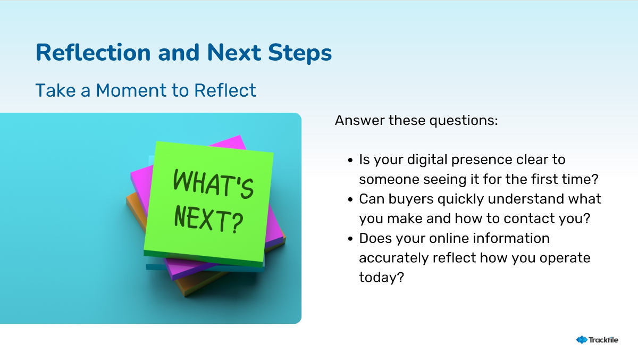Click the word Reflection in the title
(x=93, y=53)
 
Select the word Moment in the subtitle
(x=131, y=90)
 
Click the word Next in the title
(x=234, y=53)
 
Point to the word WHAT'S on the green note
(x=213, y=184)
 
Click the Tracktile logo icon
(x=582, y=340)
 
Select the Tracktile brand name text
(x=603, y=340)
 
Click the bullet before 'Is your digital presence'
(x=350, y=160)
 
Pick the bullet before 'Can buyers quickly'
(x=350, y=199)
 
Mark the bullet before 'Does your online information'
(x=350, y=239)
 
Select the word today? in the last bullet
(x=381, y=278)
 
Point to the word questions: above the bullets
(x=464, y=121)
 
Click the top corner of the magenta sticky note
(x=240, y=136)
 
